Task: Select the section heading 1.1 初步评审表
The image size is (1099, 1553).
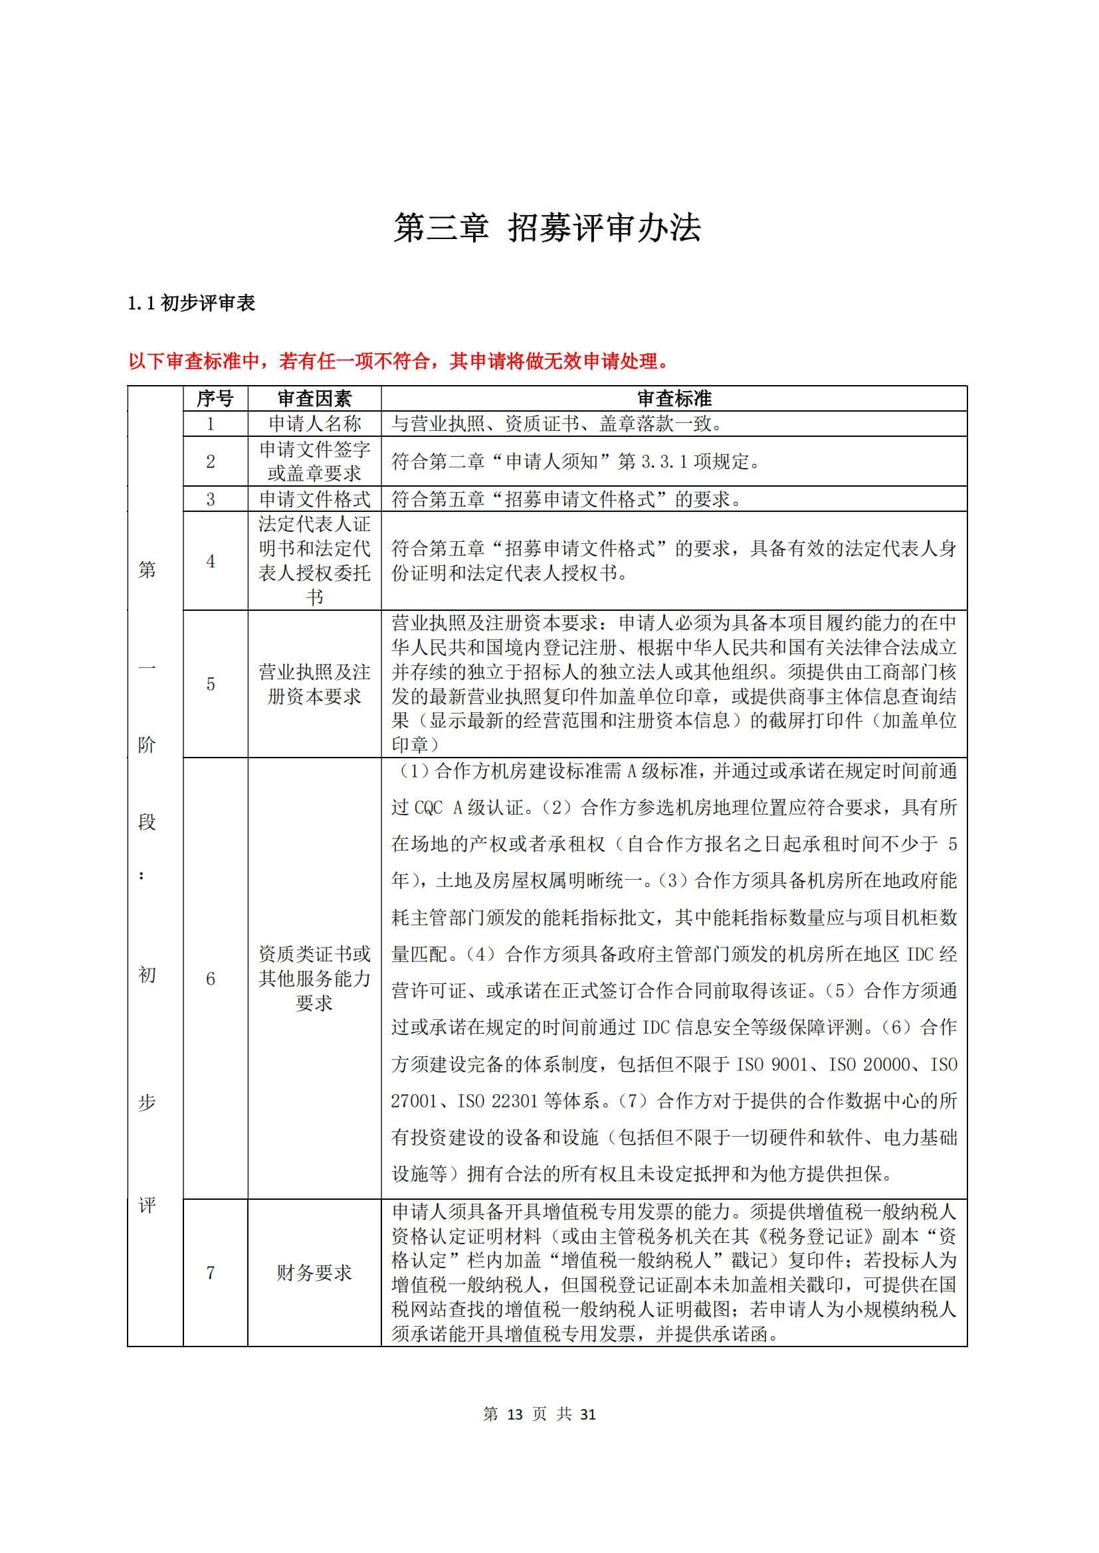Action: click(x=191, y=303)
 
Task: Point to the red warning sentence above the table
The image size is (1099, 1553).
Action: click(x=399, y=361)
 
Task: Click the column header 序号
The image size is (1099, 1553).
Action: click(x=215, y=398)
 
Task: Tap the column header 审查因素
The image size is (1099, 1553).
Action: click(x=314, y=398)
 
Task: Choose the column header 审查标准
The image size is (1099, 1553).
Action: click(x=674, y=398)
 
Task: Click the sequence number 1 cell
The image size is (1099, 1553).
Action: click(x=211, y=424)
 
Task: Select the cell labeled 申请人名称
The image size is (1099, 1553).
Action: click(x=315, y=424)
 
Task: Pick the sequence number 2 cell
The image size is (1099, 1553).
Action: click(x=211, y=461)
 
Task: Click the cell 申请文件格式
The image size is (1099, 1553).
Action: click(x=315, y=499)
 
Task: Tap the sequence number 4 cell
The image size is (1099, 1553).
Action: click(x=211, y=561)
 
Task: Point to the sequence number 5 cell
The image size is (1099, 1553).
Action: click(x=211, y=684)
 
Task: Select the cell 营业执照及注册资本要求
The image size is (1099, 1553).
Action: click(x=315, y=684)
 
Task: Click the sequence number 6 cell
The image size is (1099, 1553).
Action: click(x=211, y=979)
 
